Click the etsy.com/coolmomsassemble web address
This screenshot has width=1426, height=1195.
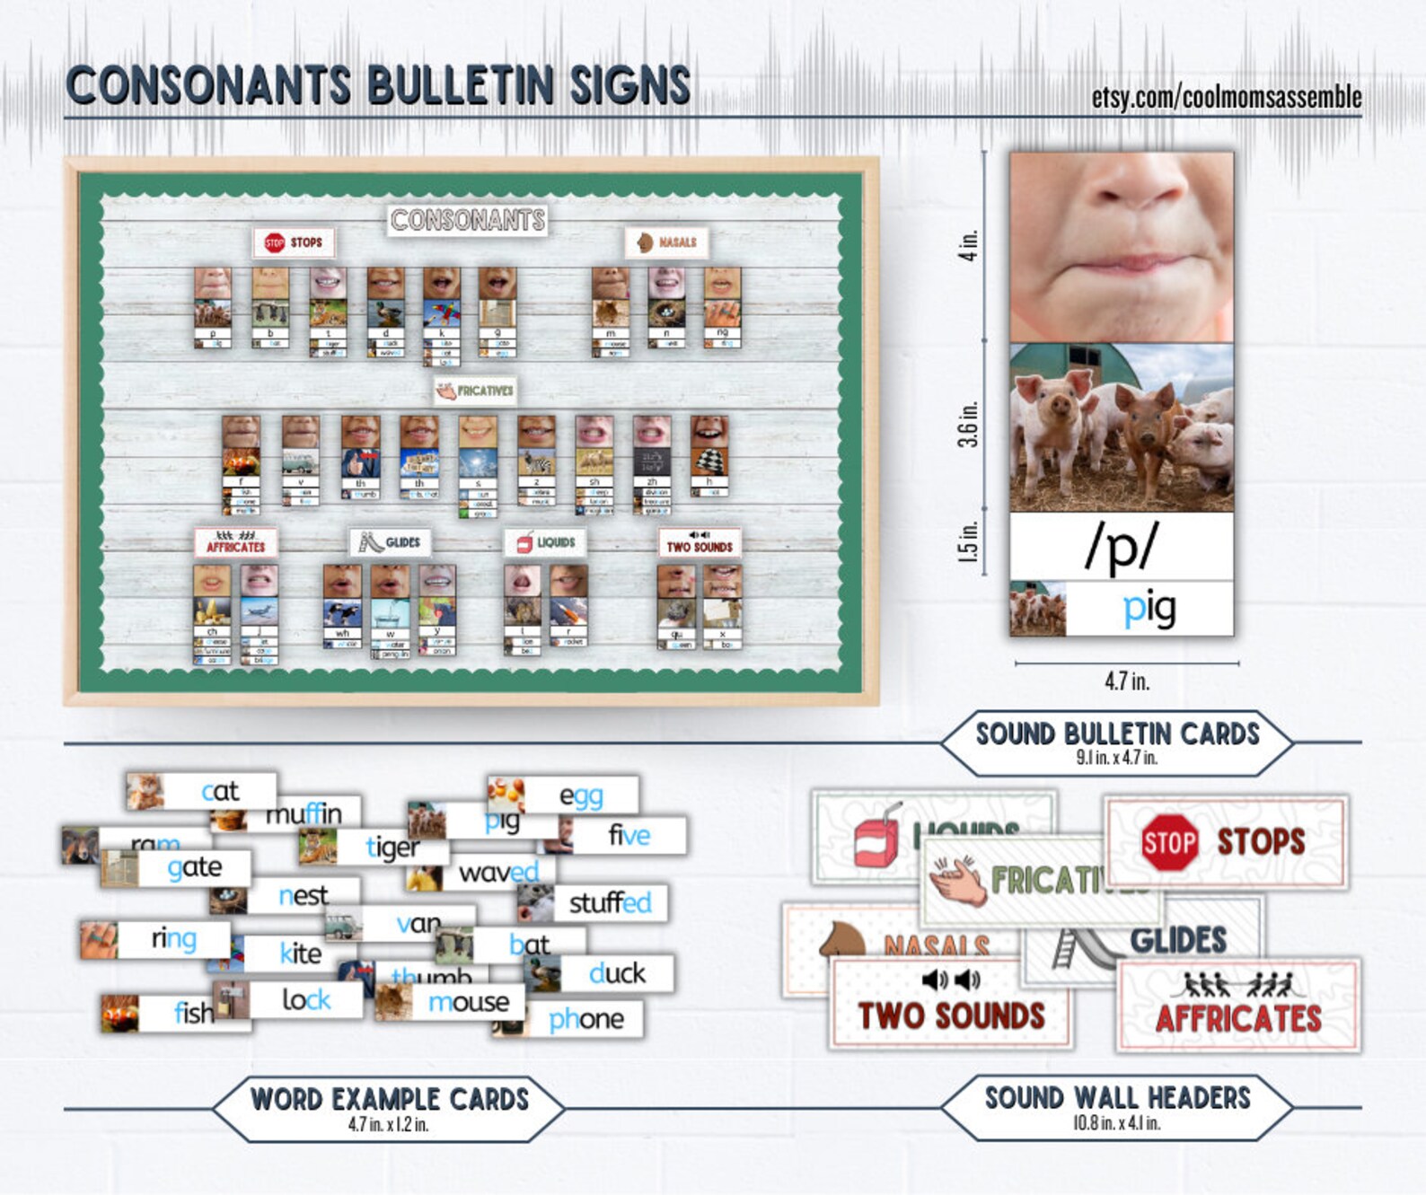pyautogui.click(x=1226, y=97)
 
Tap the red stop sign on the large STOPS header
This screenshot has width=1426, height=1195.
pyautogui.click(x=1169, y=842)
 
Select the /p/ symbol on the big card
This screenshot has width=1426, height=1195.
pyautogui.click(x=1122, y=545)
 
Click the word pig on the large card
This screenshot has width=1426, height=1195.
pyautogui.click(x=1149, y=609)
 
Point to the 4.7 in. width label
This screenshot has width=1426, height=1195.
pyautogui.click(x=1127, y=681)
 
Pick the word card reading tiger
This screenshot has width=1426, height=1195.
pyautogui.click(x=392, y=847)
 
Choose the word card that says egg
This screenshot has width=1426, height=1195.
pyautogui.click(x=580, y=795)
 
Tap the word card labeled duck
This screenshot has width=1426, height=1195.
pyautogui.click(x=616, y=973)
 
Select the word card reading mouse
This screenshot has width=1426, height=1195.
pyautogui.click(x=467, y=1001)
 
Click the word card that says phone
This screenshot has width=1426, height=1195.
pyautogui.click(x=585, y=1019)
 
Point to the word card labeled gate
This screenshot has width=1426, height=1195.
pyautogui.click(x=194, y=867)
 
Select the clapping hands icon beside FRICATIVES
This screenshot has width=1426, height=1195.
pyautogui.click(x=957, y=879)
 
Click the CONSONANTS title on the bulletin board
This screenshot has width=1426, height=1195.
pyautogui.click(x=468, y=220)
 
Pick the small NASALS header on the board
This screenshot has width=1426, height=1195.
pyautogui.click(x=666, y=242)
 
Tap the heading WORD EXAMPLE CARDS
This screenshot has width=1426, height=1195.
pyautogui.click(x=389, y=1099)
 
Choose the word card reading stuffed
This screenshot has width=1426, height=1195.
pyautogui.click(x=610, y=902)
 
